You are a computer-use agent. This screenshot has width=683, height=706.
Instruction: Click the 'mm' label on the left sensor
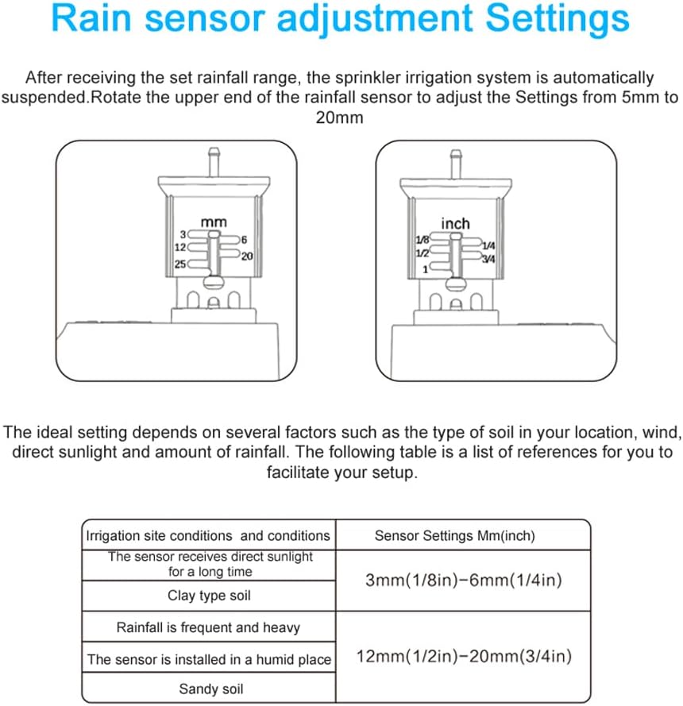coord(213,223)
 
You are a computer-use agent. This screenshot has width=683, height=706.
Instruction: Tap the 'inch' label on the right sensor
coord(455,224)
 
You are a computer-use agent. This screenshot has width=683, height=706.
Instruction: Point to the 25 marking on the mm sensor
coord(179,264)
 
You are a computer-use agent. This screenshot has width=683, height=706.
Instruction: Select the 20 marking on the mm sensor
coord(247,257)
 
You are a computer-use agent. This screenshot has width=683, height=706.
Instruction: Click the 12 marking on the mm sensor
coord(179,248)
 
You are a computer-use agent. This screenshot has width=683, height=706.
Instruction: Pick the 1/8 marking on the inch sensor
coord(422,239)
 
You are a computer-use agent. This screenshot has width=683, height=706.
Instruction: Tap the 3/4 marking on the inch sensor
coord(489,260)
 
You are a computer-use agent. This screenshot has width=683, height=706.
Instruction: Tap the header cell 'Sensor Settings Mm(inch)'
coord(454,536)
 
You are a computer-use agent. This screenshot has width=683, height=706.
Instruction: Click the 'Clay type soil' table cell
coord(210,596)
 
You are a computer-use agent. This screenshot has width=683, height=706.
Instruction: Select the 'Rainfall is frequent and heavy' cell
coord(208,627)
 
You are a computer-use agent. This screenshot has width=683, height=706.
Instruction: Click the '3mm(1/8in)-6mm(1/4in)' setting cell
coord(464,581)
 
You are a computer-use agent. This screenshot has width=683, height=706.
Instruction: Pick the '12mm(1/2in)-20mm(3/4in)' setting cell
coord(464,657)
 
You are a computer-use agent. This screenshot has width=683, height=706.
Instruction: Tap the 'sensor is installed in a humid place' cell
coord(210,659)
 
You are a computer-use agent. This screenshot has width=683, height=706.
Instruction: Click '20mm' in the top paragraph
coord(341,118)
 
